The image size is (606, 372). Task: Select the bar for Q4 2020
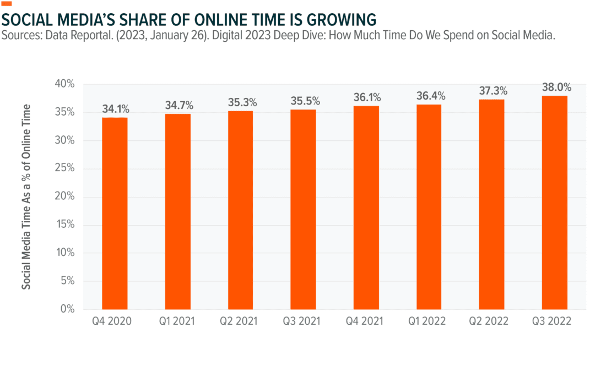click(x=115, y=214)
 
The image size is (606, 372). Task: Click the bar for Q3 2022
click(x=554, y=203)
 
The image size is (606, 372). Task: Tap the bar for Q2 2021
click(x=240, y=210)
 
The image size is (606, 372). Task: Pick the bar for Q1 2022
click(x=429, y=207)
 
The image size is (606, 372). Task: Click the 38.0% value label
click(x=556, y=87)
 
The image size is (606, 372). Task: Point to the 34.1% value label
click(x=115, y=108)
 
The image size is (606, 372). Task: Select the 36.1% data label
click(x=367, y=97)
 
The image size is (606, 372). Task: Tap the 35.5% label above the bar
click(x=304, y=101)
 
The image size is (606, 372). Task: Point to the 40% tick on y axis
click(x=64, y=84)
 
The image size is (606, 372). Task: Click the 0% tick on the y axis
click(x=67, y=309)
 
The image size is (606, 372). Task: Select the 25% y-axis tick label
click(x=64, y=168)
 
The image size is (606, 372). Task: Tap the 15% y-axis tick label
click(x=64, y=225)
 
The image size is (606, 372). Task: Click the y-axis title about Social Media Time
click(x=26, y=196)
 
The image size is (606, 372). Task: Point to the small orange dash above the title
click(x=7, y=4)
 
